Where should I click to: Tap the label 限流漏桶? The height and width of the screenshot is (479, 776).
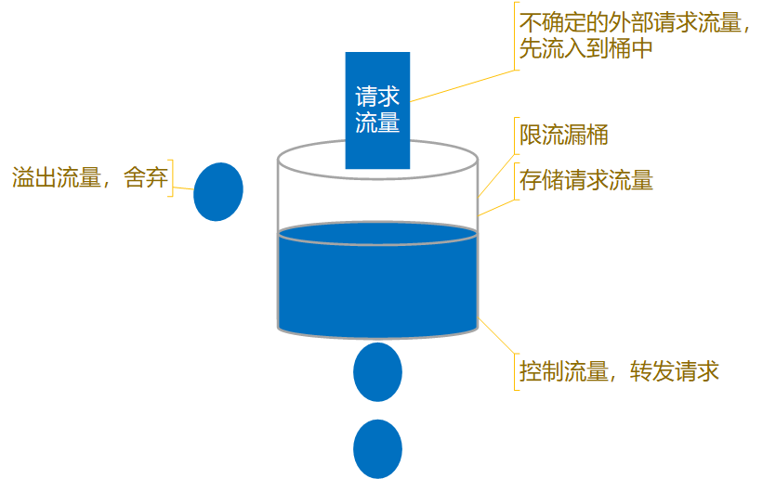(563, 136)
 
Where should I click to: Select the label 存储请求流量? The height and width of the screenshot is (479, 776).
(585, 180)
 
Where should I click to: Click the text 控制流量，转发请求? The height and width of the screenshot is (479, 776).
(619, 372)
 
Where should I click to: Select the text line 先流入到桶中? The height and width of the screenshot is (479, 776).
(585, 49)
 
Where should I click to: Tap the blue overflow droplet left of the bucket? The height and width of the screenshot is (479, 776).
(218, 191)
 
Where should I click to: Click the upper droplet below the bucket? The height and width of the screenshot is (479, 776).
(377, 371)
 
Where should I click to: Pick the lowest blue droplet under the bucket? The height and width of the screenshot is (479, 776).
(377, 448)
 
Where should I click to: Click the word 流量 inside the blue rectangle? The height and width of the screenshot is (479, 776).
(377, 123)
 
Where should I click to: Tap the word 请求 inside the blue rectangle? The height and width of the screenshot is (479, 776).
(377, 97)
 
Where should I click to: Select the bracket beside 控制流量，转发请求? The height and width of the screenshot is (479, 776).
(515, 372)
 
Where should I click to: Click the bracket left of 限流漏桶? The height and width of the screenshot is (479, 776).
(515, 136)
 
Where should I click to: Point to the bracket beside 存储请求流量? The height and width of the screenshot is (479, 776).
(515, 180)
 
